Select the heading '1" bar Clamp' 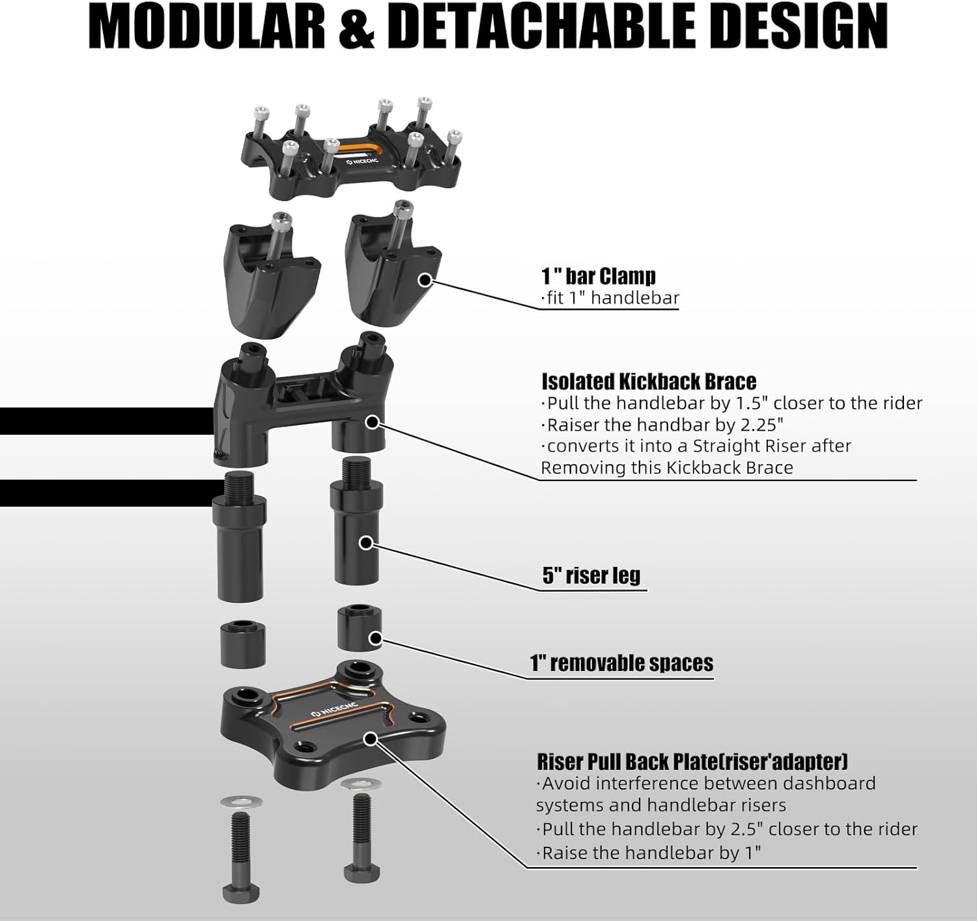(598, 276)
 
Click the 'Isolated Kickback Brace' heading (649, 381)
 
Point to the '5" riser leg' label (591, 575)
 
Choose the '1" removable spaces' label (621, 663)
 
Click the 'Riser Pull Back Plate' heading (692, 762)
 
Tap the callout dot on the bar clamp (425, 281)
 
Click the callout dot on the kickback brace (372, 422)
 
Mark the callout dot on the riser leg (366, 542)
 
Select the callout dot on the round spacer (375, 639)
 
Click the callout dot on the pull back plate (371, 739)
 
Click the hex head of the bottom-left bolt (241, 894)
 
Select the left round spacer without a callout (242, 644)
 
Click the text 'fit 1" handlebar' (610, 298)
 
